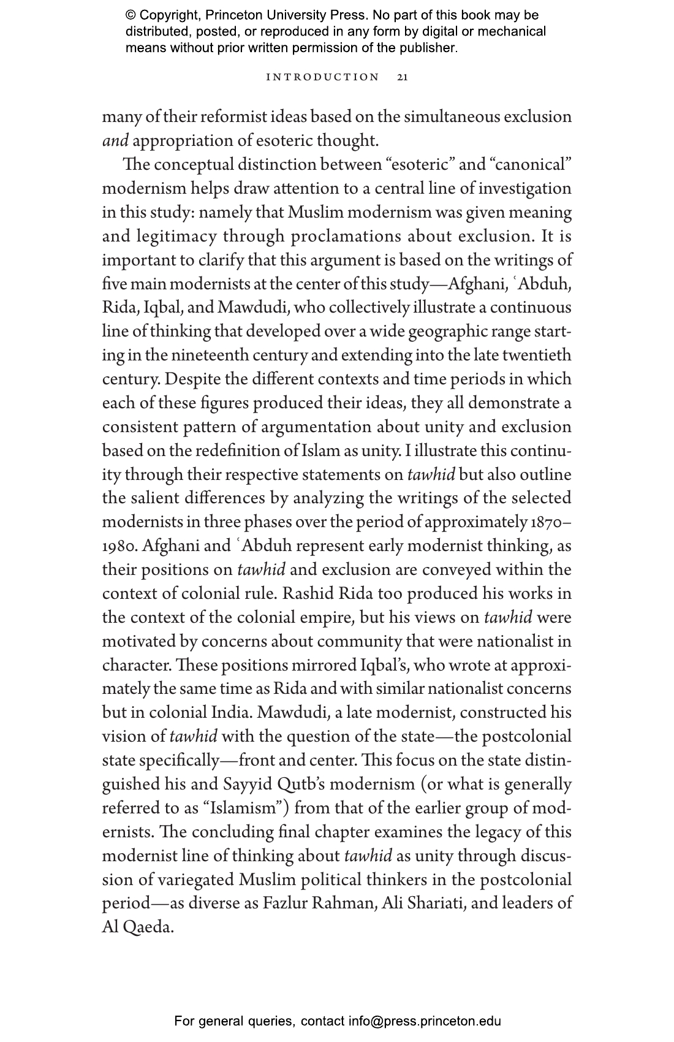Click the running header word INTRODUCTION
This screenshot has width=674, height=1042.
[323, 77]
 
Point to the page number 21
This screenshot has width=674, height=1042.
[403, 77]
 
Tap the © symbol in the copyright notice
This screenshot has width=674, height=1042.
[131, 15]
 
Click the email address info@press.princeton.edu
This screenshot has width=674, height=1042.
[425, 1021]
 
